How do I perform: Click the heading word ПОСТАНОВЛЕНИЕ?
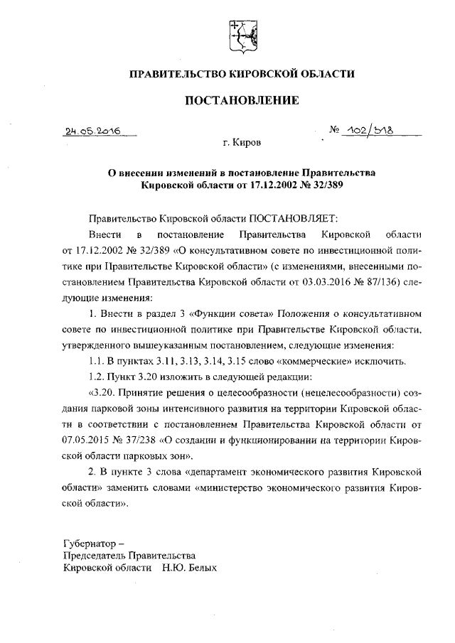point(241,101)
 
